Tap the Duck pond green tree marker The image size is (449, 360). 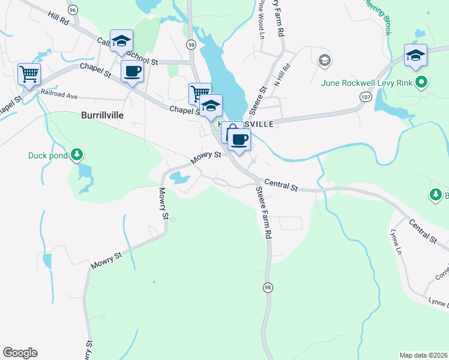point(76,155)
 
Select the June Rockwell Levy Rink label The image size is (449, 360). point(367,83)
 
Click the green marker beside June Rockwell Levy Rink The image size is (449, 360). point(422,83)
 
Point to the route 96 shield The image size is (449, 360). point(73,10)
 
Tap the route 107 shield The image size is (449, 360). point(364,96)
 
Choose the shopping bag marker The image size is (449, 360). point(232,131)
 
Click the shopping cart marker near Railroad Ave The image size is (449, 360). point(29,74)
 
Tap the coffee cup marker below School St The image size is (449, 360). point(133,71)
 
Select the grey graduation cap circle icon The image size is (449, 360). point(325,60)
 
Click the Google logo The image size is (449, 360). point(20,353)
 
